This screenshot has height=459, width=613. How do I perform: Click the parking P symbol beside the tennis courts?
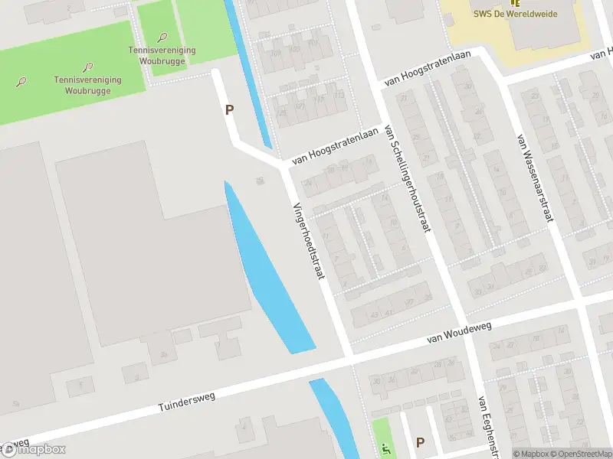(x=229, y=109)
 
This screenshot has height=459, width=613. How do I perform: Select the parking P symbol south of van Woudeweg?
(x=419, y=441)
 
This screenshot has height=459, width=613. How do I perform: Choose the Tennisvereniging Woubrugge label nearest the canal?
(x=162, y=55)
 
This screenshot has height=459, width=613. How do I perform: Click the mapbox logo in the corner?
(x=34, y=450)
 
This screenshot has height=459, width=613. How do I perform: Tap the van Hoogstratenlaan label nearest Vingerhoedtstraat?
(x=336, y=145)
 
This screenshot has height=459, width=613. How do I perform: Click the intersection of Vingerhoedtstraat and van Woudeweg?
(x=348, y=356)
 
